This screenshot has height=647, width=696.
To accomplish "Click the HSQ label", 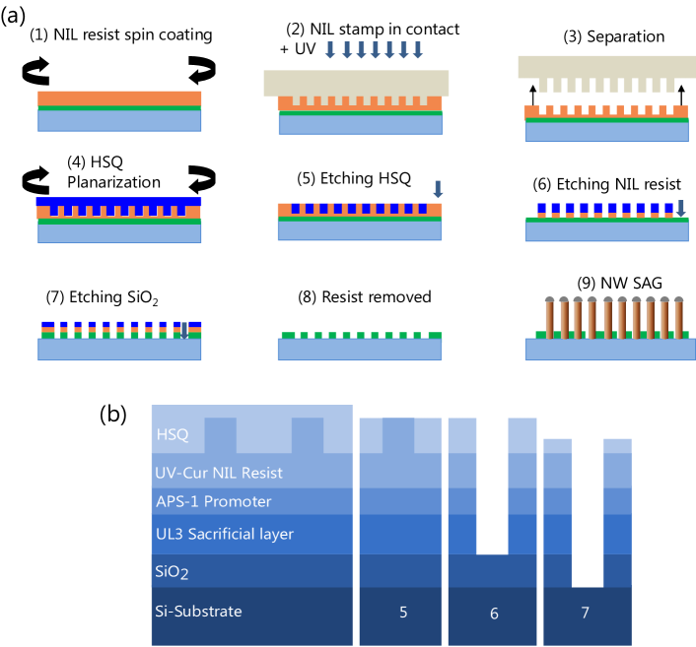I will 173,434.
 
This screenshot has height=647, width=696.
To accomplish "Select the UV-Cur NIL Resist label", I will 218,473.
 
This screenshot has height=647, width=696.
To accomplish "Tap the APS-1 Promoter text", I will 213,501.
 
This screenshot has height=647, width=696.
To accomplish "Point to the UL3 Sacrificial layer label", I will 224,534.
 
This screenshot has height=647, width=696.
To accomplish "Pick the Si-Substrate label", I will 198,612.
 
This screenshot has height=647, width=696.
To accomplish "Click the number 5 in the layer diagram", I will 403,613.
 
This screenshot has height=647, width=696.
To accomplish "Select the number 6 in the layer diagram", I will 494,614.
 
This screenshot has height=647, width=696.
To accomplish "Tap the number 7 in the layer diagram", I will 585,613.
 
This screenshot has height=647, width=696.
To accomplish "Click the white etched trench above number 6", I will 492,483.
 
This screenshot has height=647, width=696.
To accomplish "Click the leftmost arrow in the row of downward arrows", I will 330,50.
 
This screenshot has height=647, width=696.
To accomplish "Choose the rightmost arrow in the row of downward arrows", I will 418,50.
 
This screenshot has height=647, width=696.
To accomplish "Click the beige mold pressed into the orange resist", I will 356,82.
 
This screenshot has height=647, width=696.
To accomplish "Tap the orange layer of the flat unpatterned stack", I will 119,98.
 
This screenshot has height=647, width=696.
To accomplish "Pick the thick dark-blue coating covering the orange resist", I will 119,203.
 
